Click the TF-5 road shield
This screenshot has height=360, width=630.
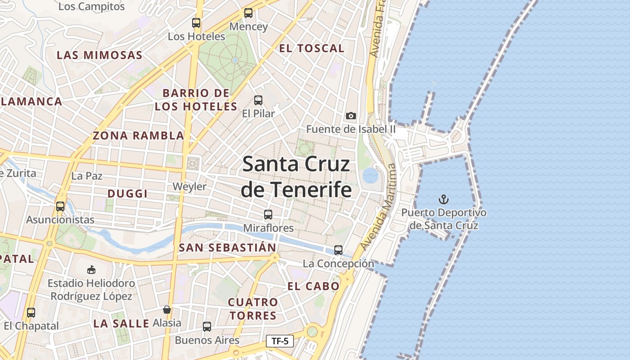tap(279, 341)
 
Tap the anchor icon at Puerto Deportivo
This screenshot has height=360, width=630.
tap(444, 199)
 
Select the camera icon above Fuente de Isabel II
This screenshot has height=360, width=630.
tap(351, 116)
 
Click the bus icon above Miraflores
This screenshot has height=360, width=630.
tap(268, 215)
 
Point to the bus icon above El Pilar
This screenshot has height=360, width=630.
tap(258, 100)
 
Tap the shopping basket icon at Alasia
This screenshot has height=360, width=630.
tap(167, 310)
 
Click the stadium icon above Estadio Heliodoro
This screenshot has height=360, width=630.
tap(91, 270)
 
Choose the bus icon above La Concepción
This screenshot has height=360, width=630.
tap(338, 250)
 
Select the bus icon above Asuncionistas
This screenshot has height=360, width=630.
tap(60, 207)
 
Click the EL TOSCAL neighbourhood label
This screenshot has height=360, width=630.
tap(311, 49)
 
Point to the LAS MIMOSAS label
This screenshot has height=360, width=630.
tap(99, 55)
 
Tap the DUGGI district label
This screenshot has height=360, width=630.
tap(127, 193)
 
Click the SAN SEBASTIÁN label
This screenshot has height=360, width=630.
tap(227, 247)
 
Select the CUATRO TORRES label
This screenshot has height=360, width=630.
tap(253, 309)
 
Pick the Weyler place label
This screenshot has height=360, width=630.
tap(189, 187)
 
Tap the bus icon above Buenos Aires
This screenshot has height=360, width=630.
tap(207, 327)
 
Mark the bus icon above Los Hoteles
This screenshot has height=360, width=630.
tap(196, 23)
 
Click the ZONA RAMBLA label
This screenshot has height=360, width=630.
tap(139, 135)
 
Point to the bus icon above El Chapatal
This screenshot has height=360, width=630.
tap(31, 313)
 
